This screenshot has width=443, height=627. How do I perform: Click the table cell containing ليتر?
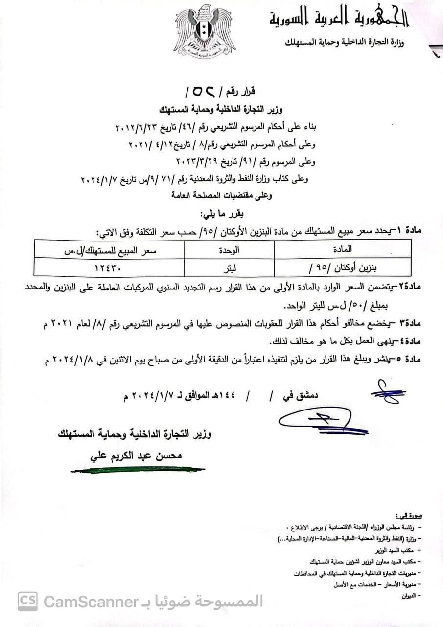point(229,269)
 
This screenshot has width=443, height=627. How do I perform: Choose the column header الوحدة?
point(229,249)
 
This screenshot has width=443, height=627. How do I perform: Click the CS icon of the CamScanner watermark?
point(27,601)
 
